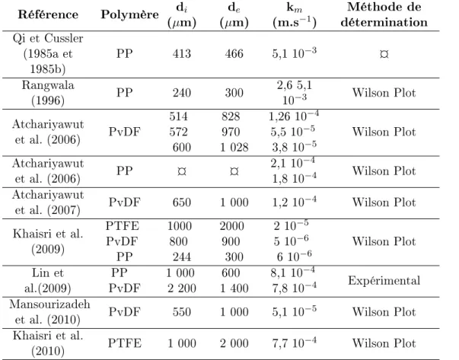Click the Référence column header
pos(48,14)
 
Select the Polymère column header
pos(129,14)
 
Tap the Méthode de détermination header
pos(384,14)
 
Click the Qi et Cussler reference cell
pos(48,53)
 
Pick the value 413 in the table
pos(182,54)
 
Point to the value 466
pos(234,54)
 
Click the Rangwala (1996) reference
pos(48,93)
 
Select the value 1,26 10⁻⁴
pos(294,116)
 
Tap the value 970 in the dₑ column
pos(231,132)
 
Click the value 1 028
pos(234,147)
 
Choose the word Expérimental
pos(384,281)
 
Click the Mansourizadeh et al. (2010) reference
pos(49,312)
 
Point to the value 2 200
pos(182,288)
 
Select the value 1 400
pos(234,288)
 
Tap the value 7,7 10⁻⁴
pos(294,342)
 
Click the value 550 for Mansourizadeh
pos(182,312)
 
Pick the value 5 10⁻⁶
pos(291,241)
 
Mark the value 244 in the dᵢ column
pos(182,257)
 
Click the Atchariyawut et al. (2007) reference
pos(48,202)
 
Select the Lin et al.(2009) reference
pos(48,281)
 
